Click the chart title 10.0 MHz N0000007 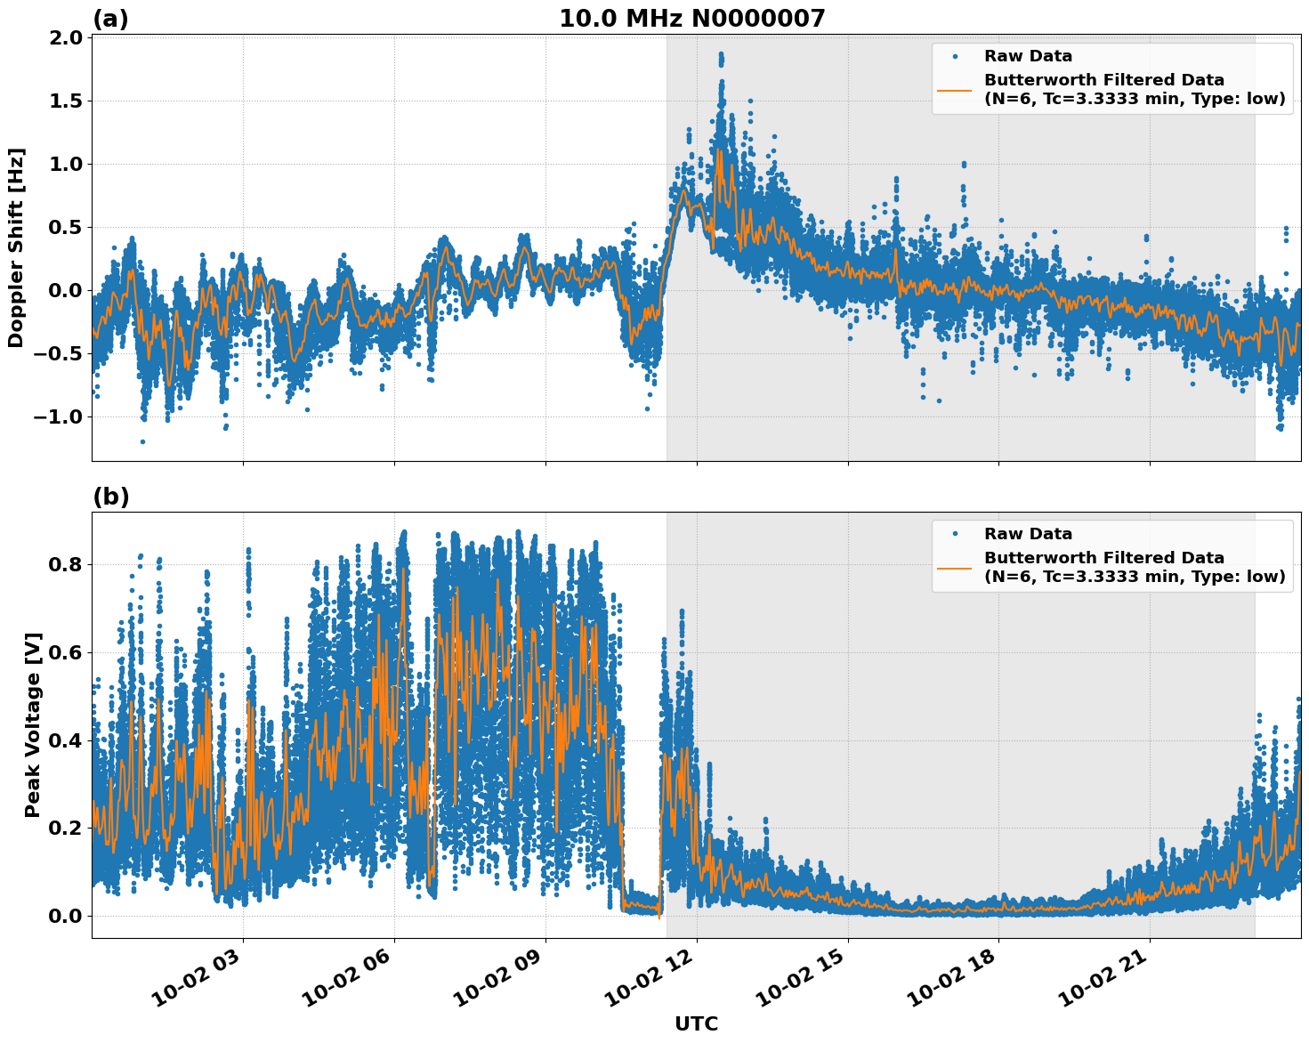click(691, 19)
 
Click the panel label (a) click(110, 19)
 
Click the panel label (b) click(111, 497)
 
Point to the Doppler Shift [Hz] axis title click(16, 247)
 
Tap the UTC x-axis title click(696, 1023)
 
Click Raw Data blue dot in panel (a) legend click(955, 56)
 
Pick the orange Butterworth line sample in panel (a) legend click(955, 89)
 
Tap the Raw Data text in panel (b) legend click(1028, 534)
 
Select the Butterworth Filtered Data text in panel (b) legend click(1103, 558)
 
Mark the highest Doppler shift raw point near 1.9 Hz click(720, 53)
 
